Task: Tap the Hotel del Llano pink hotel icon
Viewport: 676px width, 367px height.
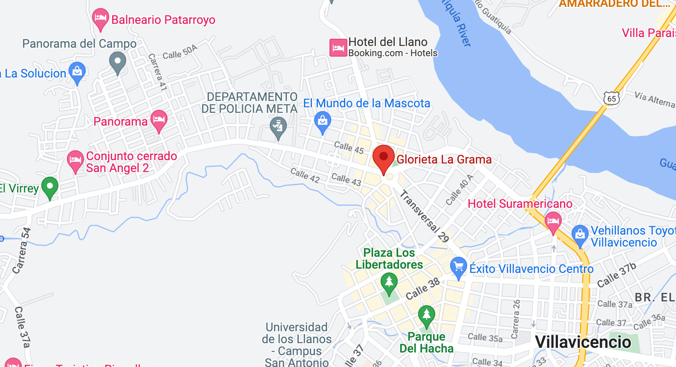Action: point(338,48)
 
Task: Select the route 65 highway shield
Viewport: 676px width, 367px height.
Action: point(611,98)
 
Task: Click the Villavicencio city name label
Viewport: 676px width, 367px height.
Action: point(583,342)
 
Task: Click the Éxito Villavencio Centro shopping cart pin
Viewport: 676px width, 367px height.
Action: point(458,267)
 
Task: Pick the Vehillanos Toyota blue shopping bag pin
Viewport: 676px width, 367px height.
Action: point(580,235)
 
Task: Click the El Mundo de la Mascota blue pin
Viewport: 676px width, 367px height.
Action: point(323,121)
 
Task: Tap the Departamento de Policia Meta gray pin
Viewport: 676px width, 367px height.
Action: point(278,127)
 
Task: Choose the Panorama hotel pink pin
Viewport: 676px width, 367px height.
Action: point(159,120)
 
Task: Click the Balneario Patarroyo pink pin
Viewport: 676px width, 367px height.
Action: point(100,18)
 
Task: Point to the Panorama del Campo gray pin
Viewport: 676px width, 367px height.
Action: point(118,62)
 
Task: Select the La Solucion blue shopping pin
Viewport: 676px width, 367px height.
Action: point(77,72)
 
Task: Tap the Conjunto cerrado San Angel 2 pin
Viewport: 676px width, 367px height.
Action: point(75,161)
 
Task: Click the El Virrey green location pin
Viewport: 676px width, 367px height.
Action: point(50,186)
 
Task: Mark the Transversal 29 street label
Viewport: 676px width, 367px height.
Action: point(425,216)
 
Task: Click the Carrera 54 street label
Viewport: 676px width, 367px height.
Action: point(21,250)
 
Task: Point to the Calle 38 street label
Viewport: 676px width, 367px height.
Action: point(422,289)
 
